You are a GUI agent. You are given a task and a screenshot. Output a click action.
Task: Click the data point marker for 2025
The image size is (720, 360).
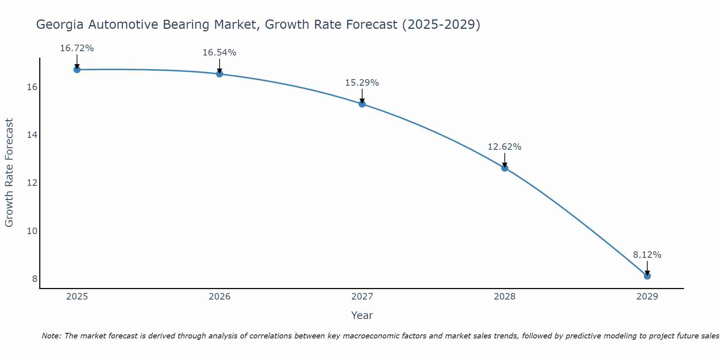coord(77,69)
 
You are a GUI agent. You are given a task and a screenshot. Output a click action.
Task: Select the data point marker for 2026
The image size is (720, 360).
coord(220,74)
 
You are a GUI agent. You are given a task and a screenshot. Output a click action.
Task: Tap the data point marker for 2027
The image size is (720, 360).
coord(362,104)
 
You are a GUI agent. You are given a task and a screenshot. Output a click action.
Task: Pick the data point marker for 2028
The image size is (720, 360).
coord(505,168)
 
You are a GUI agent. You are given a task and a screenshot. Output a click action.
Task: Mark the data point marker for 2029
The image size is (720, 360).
coord(647,276)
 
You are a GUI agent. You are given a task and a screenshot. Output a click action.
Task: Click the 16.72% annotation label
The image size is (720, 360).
coord(77,48)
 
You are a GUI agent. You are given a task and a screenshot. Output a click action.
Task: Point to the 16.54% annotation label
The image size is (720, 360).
coord(219,53)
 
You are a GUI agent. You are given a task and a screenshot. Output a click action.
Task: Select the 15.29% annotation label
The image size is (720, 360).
coord(362,83)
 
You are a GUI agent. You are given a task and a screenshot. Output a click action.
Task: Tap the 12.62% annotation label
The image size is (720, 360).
coord(504,147)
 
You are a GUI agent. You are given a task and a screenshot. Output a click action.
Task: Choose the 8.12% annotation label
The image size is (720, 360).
coord(647,255)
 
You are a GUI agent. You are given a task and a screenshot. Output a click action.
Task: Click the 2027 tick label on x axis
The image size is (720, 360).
coord(362,297)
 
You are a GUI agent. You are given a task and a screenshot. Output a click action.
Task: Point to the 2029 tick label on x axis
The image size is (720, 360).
coord(647,297)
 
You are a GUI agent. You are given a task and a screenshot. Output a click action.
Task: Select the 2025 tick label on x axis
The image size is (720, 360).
coord(77,297)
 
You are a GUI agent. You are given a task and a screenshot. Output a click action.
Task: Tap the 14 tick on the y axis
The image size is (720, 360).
coord(32,135)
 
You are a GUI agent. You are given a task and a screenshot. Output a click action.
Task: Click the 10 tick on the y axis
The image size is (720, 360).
coord(32,231)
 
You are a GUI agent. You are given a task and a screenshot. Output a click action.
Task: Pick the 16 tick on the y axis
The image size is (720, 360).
coord(32,87)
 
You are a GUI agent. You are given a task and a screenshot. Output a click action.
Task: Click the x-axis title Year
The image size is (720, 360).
coord(362,315)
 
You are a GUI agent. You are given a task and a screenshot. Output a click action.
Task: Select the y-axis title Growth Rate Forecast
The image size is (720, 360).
coord(9,172)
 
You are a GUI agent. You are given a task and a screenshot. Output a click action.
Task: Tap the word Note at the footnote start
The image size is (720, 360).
coord(51,336)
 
